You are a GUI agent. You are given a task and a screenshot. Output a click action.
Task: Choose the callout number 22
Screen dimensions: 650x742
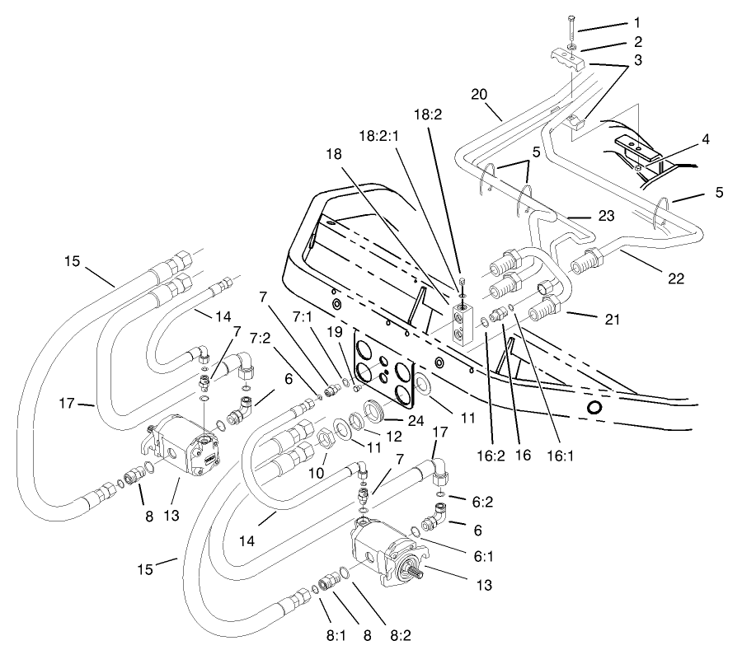(x=676, y=278)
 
